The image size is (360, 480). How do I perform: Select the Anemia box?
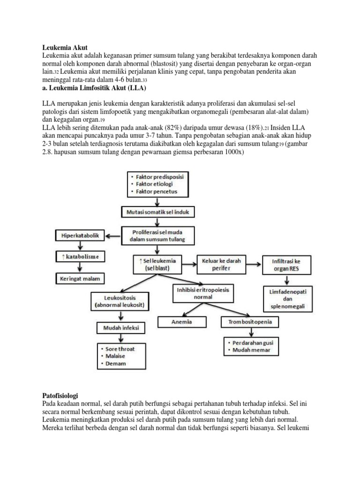point(183,322)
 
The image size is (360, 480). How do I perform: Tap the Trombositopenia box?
point(250,322)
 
